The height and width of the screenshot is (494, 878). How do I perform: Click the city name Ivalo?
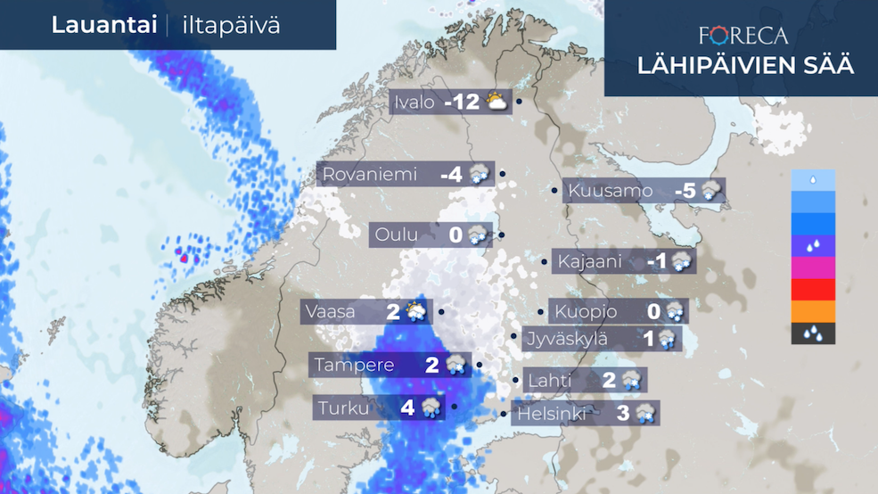(414, 103)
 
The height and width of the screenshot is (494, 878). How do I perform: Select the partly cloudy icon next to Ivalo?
(497, 103)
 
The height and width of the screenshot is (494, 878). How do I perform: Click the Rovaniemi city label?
(369, 175)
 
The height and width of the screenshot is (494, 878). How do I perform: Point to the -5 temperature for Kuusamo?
(685, 191)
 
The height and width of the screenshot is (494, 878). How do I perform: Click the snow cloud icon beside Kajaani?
(683, 262)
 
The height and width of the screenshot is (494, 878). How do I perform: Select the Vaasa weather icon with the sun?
(415, 312)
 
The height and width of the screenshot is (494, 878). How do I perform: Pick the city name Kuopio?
(586, 312)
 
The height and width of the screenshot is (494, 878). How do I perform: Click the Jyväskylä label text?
(565, 339)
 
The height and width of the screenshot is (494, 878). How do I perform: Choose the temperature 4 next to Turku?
(408, 408)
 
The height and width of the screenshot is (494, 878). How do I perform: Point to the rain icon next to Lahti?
(632, 381)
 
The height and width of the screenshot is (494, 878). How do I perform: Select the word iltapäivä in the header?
(231, 25)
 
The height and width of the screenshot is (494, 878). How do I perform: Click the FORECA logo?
(743, 36)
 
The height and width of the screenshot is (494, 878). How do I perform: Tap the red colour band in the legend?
(813, 290)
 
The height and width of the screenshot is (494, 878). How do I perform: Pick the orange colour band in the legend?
(813, 311)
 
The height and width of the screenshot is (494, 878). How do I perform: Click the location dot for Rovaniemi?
(503, 175)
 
